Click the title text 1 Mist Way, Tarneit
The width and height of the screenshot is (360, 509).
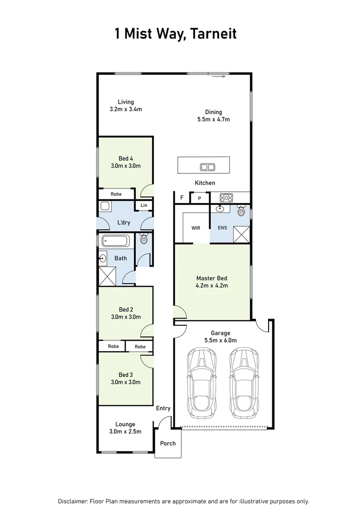pos(175,34)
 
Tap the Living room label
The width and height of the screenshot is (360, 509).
pos(126,106)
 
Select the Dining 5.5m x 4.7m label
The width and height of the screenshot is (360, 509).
pos(213,116)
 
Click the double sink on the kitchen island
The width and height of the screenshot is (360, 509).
pos(207,166)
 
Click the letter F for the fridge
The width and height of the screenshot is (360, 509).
pos(182,198)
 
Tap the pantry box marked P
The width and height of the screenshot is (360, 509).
pos(199,198)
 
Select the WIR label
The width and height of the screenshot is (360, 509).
pos(196,228)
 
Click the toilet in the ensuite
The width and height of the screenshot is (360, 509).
pos(241,211)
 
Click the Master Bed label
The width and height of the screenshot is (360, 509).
pos(212,282)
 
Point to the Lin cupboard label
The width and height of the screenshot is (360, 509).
pos(144,205)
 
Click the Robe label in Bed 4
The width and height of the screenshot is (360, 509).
pos(116,194)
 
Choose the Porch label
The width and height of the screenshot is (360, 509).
pos(168,443)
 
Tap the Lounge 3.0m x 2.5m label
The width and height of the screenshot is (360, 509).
pos(125,427)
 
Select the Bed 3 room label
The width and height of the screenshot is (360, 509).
pos(125,378)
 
